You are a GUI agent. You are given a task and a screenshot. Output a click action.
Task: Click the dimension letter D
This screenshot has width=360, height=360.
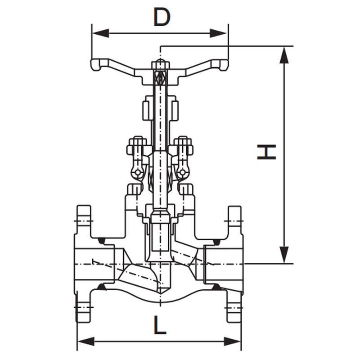162,17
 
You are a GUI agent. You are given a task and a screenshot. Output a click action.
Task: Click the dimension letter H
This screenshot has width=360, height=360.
266,152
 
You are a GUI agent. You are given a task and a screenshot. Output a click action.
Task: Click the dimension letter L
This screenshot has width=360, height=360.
160,325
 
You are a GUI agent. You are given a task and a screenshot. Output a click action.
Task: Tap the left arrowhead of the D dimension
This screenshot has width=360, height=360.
100,33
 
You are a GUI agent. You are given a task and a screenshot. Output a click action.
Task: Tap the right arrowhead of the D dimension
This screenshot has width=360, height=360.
219,33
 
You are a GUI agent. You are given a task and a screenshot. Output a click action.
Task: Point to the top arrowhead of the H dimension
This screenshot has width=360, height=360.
284,55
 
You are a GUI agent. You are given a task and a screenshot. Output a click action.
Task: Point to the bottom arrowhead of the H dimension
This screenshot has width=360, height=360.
284,255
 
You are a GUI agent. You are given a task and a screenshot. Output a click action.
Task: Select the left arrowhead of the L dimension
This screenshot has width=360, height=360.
86,342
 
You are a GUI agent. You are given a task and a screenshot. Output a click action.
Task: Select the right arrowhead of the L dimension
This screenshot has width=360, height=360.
232,342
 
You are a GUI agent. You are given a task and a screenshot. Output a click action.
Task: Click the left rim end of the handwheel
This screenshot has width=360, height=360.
96,65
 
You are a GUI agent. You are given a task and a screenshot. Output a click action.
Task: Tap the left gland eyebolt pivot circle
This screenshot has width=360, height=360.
137,172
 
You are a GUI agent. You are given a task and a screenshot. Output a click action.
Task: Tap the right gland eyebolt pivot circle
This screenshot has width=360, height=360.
182,172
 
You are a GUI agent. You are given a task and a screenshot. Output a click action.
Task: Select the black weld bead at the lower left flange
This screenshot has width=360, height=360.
101,287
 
